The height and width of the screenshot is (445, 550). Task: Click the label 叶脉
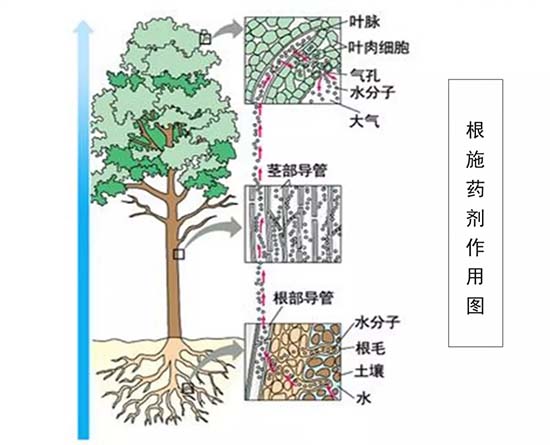coord(365,22)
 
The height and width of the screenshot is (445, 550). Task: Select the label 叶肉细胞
coord(379,47)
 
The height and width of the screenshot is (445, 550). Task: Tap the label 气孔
coord(365,75)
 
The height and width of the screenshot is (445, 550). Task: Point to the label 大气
coord(364,121)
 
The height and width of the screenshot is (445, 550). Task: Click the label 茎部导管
coord(297,171)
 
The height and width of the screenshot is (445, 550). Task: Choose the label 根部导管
coord(303,298)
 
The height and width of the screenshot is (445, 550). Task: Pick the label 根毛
coord(370,348)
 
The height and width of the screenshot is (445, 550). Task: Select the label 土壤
coord(369,371)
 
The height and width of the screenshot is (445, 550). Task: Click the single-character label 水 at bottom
coord(364,398)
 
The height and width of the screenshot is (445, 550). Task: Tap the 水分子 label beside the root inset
coord(377,322)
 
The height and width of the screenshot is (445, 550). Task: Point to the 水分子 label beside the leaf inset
coord(373,93)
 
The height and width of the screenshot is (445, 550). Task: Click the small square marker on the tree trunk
coord(179,254)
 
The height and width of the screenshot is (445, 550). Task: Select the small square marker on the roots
coord(188,389)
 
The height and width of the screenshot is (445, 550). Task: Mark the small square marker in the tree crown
coord(205,38)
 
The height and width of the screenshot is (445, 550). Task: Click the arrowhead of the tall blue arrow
coord(83,27)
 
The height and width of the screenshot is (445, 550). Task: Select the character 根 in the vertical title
coord(475,129)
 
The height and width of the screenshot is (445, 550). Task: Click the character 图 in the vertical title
coord(475,306)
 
